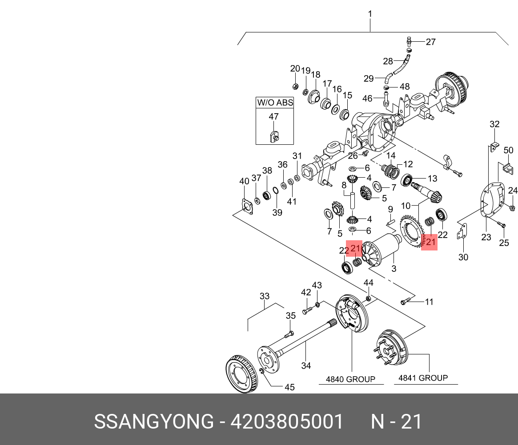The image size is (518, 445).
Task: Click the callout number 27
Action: tap(430, 42)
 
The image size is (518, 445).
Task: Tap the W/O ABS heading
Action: tap(275, 103)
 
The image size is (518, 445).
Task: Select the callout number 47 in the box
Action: tap(273, 117)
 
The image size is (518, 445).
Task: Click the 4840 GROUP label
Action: tap(350, 379)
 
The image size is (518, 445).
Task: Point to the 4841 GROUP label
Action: tap(423, 378)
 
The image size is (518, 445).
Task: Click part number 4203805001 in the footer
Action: tap(287, 421)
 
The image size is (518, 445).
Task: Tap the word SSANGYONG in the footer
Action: tap(153, 421)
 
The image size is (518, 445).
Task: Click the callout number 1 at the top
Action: tap(370, 14)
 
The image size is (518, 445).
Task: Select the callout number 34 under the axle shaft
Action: tap(306, 366)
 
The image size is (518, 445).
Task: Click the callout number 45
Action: tap(289, 387)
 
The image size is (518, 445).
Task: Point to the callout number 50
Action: tap(508, 151)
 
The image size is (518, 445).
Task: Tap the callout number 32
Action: tap(494, 124)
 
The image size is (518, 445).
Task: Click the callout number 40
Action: tap(244, 181)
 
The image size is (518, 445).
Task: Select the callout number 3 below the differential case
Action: tap(394, 269)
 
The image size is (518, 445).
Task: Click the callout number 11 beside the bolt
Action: tap(429, 302)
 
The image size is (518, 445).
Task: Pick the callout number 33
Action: tap(265, 296)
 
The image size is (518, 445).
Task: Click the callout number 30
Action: tap(463, 258)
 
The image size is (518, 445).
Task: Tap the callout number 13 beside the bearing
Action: tap(432, 179)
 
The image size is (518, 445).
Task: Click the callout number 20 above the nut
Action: tap(295, 68)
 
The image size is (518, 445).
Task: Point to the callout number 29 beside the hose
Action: tap(369, 79)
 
